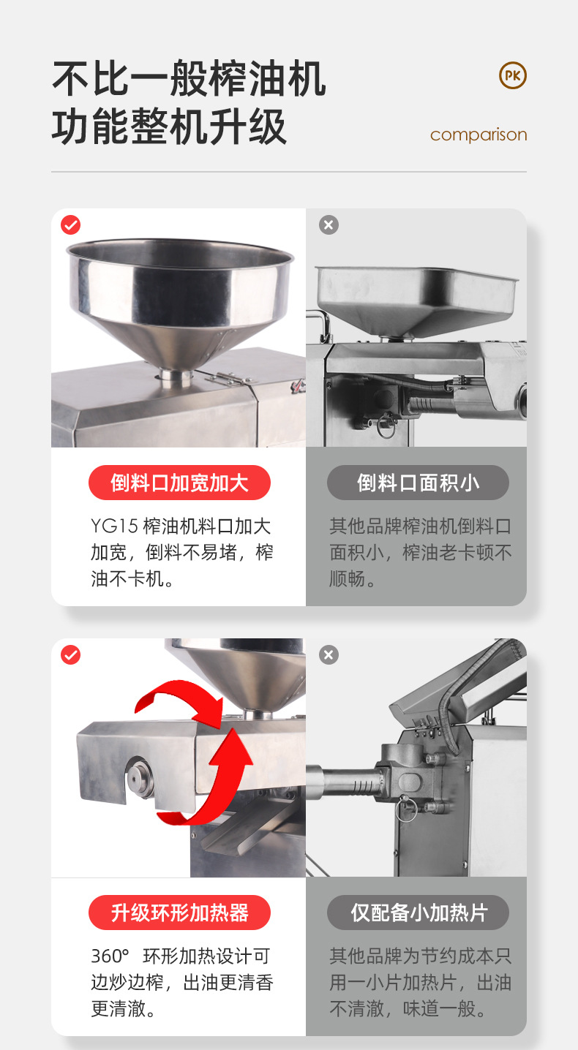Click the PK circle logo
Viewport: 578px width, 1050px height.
tap(512, 75)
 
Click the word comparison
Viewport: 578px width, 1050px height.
tap(478, 135)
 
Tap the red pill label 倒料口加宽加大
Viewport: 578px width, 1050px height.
tap(180, 483)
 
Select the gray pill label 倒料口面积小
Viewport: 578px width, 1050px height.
tap(418, 483)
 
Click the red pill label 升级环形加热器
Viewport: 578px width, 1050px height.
tap(180, 913)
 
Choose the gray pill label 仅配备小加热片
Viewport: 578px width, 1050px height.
tap(418, 913)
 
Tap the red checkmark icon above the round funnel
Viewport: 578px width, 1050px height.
tap(71, 225)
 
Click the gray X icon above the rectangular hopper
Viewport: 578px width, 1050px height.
tap(329, 225)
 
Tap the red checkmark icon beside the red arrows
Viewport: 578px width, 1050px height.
tap(71, 655)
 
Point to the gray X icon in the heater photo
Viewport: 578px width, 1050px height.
tap(329, 655)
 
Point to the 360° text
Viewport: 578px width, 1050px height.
tap(110, 956)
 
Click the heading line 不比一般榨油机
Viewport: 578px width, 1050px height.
tap(189, 78)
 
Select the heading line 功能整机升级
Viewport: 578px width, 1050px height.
tap(169, 126)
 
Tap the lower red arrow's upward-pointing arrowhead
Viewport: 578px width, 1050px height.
tap(232, 748)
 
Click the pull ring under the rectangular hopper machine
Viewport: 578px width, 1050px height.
tap(386, 425)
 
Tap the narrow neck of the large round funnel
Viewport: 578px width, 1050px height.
tap(175, 377)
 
